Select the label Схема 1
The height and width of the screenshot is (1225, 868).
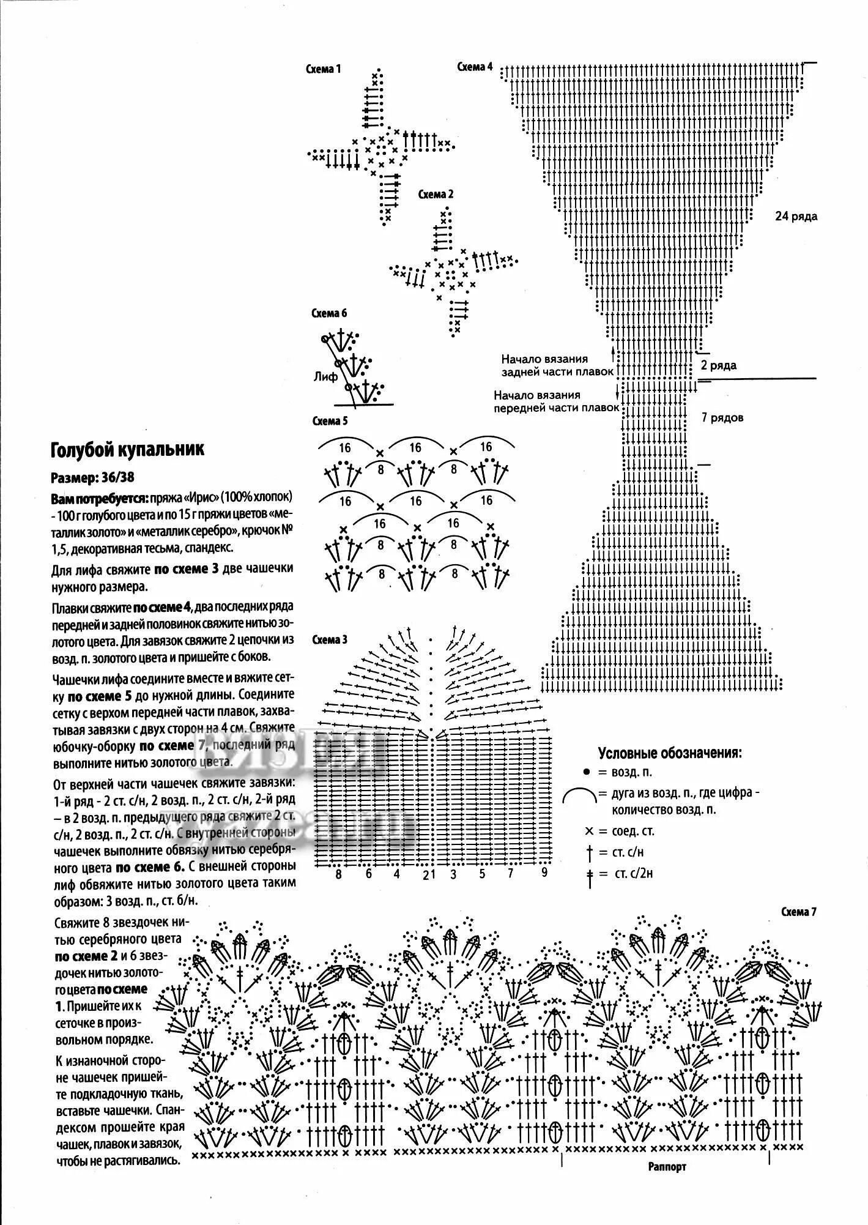coord(324,69)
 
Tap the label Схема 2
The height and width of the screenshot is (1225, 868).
coord(436,195)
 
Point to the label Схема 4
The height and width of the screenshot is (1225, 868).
coord(475,67)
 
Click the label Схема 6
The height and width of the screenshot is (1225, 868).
coord(329,313)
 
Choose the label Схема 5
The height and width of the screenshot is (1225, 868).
coord(330,421)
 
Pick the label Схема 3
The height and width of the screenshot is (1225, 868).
coord(330,639)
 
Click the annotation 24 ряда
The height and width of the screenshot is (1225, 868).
coord(796,217)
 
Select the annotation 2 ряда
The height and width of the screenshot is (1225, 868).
coord(719,366)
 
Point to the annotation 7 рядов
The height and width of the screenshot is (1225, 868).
coord(722,419)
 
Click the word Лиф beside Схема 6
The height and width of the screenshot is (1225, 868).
coord(325,377)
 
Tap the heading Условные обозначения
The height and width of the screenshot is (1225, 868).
coord(670,753)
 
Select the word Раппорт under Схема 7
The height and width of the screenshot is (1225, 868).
coord(667,1167)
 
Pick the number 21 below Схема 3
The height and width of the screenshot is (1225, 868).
coord(429,874)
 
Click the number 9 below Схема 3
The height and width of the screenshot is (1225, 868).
coord(544,873)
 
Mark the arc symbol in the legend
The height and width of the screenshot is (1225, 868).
coord(579,796)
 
